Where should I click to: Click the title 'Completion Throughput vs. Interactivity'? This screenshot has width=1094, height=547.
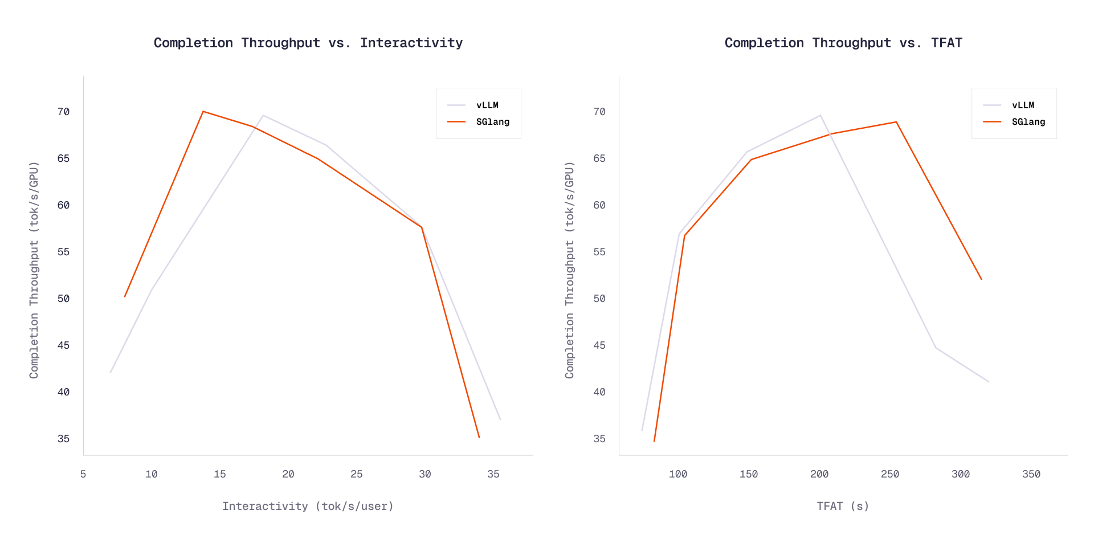pos(308,43)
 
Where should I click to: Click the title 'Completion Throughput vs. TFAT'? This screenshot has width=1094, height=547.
pos(843,43)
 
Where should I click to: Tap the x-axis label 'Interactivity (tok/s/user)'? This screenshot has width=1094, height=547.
pos(308,506)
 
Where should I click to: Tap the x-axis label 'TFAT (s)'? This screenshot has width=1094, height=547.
pos(843,506)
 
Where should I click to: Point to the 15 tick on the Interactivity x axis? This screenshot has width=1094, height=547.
pos(220,474)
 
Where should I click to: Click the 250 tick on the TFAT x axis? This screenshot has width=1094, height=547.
pos(890,474)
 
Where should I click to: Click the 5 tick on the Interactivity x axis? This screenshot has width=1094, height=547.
pos(83,474)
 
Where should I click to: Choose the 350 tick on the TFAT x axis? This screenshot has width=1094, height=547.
pos(1031,474)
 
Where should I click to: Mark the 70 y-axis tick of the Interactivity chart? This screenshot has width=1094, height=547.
pos(63,112)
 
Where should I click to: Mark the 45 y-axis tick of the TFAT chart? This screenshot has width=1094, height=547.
pos(599,345)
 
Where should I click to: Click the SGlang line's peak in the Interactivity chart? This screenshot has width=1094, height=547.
pos(203,111)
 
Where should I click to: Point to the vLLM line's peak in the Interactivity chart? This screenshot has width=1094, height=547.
pos(263,115)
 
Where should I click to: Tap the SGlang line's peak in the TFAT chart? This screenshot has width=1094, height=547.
pos(896,121)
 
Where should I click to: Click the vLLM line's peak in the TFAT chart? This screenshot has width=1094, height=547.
pos(820,115)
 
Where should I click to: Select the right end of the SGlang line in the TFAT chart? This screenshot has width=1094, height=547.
pos(982,280)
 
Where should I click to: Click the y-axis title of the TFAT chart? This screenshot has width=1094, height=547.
pos(570,270)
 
